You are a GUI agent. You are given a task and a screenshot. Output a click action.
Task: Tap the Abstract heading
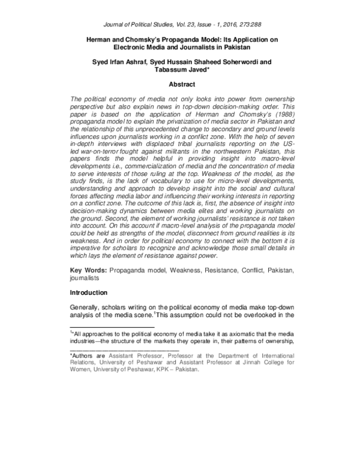(180, 85)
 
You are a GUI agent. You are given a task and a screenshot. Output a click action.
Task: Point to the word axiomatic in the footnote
(232, 331)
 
